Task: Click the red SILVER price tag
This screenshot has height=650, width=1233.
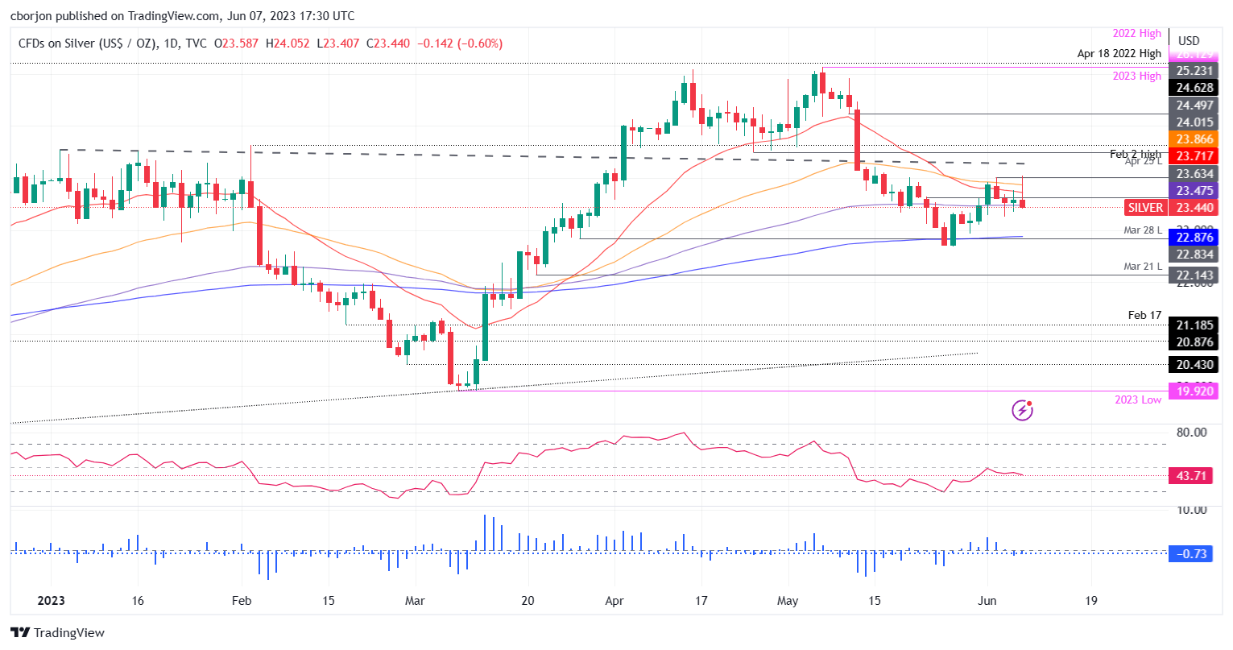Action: tap(1145, 208)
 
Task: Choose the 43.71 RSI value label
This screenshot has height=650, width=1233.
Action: tap(1191, 476)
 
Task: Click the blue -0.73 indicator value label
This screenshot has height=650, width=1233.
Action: tap(1191, 554)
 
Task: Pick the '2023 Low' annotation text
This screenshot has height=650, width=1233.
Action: tap(1138, 400)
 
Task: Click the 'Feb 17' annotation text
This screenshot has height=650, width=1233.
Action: tap(1144, 315)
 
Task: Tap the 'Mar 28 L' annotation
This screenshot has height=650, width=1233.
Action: tap(1143, 230)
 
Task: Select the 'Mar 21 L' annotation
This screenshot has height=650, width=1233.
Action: tap(1143, 267)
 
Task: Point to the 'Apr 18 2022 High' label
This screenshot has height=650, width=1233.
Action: tap(1119, 53)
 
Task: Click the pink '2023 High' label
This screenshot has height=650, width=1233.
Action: tap(1137, 76)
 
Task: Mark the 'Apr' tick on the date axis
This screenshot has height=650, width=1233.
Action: tap(614, 601)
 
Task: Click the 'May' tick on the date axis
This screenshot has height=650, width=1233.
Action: tap(788, 601)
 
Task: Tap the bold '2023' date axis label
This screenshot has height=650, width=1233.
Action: tap(50, 601)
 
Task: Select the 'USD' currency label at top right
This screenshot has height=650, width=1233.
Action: tap(1189, 41)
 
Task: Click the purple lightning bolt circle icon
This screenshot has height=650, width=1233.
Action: tap(1022, 411)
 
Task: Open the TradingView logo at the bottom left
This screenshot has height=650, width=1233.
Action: tap(58, 633)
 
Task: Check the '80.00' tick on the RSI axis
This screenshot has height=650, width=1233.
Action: tap(1191, 433)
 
